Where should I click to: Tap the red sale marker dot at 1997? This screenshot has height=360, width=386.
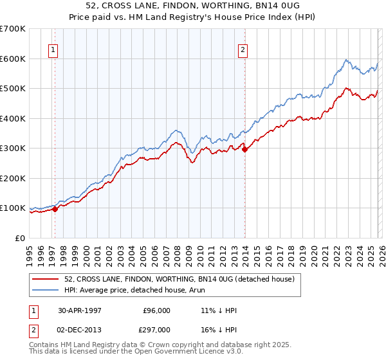[55, 209]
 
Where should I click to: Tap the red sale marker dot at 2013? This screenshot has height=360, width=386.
[245, 149]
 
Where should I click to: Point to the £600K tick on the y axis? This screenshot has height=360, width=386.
[13, 59]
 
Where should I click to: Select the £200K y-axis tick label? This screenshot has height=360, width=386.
[13, 178]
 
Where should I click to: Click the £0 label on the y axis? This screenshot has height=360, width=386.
[21, 238]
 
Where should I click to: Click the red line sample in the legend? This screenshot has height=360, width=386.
[46, 279]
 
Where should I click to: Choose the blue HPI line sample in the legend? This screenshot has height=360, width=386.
[46, 290]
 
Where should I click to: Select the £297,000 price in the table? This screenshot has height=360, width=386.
[157, 329]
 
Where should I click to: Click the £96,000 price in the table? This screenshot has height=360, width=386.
[157, 310]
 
